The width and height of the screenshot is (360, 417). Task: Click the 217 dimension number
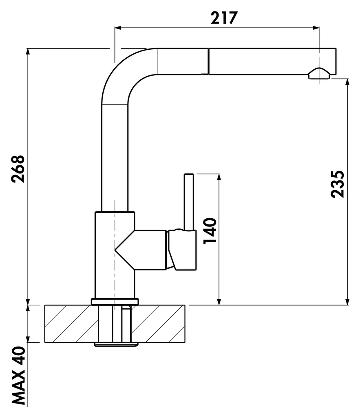click(224, 18)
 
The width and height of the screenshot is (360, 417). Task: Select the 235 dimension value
click(338, 184)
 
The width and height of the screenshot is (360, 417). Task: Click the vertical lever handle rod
click(189, 202)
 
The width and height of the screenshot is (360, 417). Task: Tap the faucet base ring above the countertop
click(115, 301)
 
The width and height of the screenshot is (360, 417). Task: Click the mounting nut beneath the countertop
click(116, 345)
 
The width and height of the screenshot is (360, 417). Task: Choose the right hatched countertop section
click(159, 323)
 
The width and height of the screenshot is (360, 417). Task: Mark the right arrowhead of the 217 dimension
click(316, 28)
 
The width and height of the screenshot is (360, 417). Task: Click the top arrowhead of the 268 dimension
click(28, 51)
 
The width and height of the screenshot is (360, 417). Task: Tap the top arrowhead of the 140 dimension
click(219, 177)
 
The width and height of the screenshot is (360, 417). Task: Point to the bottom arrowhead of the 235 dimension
click(347, 302)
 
